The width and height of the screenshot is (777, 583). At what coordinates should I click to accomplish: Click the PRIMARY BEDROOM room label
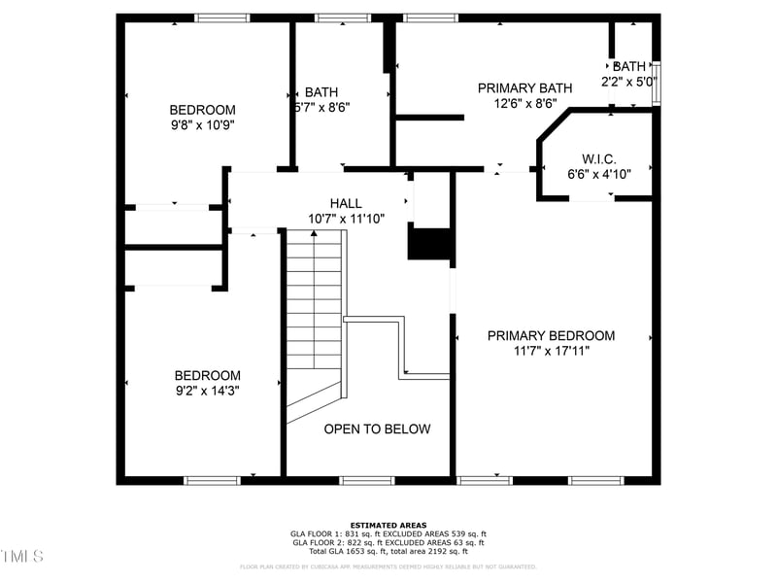pyautogui.click(x=551, y=336)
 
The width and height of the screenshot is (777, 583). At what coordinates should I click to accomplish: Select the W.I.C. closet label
pyautogui.click(x=599, y=158)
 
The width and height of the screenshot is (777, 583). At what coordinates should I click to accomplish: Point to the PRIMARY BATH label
pyautogui.click(x=524, y=88)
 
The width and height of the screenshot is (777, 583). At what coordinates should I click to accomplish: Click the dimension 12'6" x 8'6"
pyautogui.click(x=524, y=103)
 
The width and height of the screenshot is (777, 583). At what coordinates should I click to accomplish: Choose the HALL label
pyautogui.click(x=346, y=203)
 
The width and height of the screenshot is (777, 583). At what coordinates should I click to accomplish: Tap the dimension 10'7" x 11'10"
pyautogui.click(x=346, y=219)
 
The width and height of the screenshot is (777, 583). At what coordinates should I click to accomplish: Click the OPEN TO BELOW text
pyautogui.click(x=377, y=429)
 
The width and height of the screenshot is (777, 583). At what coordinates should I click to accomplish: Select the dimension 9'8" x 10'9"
pyautogui.click(x=203, y=125)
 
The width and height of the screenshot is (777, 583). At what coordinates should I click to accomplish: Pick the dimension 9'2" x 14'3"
pyautogui.click(x=207, y=391)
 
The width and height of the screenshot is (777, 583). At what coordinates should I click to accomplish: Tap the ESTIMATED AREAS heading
pyautogui.click(x=388, y=525)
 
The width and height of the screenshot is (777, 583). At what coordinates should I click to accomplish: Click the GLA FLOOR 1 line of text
pyautogui.click(x=388, y=533)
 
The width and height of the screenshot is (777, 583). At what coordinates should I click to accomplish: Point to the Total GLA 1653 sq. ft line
pyautogui.click(x=388, y=550)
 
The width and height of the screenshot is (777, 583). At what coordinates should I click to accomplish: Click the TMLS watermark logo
pyautogui.click(x=21, y=556)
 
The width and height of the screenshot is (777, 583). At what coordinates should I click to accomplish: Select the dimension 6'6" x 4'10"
pyautogui.click(x=599, y=175)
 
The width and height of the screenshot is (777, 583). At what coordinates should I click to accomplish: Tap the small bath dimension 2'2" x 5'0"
pyautogui.click(x=629, y=82)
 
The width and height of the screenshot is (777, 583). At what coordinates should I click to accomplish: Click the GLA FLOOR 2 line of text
pyautogui.click(x=388, y=541)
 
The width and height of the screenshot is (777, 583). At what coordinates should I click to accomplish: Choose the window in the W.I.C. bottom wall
pyautogui.click(x=591, y=198)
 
